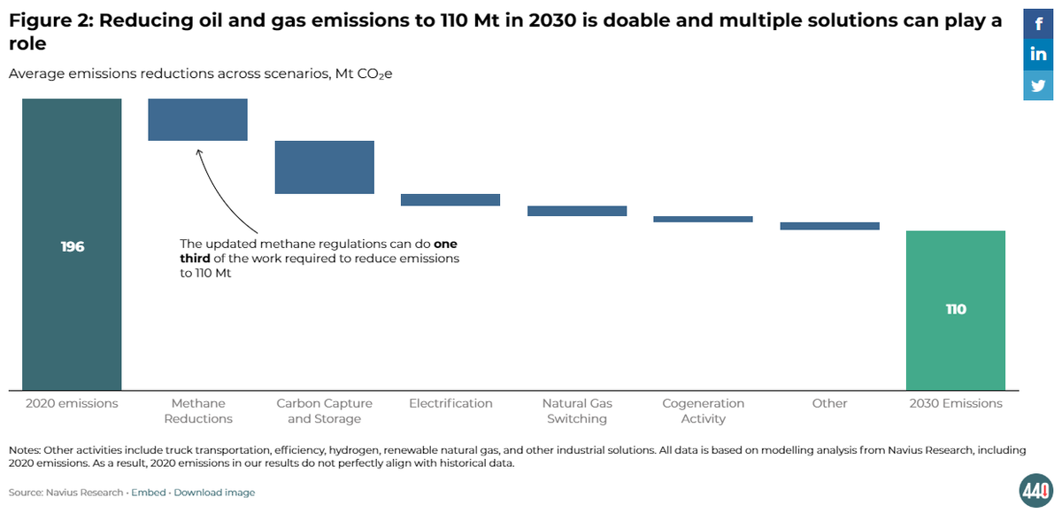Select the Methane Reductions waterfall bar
(x=197, y=120)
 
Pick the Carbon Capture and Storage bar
(x=324, y=167)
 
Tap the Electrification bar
(x=450, y=200)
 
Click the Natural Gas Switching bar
(x=577, y=211)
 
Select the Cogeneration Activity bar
(x=703, y=219)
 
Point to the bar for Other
(x=829, y=226)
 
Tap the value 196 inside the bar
(x=73, y=246)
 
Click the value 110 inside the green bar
(x=956, y=309)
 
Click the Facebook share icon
(x=1038, y=24)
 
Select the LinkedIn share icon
(x=1038, y=55)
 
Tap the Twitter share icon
(x=1038, y=86)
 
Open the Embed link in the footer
(x=149, y=493)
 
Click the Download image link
(x=214, y=493)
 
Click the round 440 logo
(x=1035, y=490)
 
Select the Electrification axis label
(x=450, y=403)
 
